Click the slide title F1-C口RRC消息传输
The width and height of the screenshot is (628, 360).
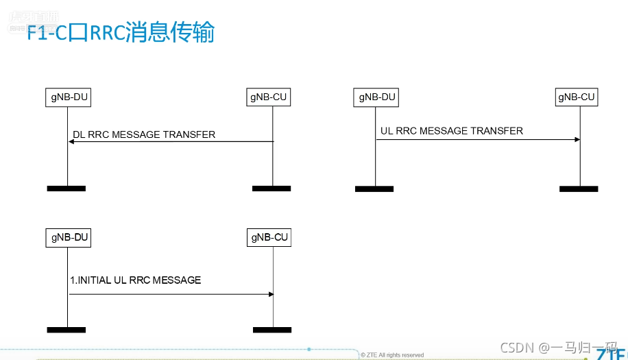pos(121,33)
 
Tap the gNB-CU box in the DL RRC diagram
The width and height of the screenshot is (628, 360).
pos(268,98)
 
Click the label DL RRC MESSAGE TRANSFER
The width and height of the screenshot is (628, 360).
pos(144,134)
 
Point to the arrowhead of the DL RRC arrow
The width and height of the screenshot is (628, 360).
pos(71,142)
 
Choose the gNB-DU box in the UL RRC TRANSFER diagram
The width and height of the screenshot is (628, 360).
pos(377,97)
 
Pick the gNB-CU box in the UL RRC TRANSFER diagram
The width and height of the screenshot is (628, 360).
pos(576,97)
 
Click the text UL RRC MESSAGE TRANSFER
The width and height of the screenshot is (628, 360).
pos(451,131)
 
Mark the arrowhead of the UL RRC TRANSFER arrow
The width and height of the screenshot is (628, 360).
pos(577,140)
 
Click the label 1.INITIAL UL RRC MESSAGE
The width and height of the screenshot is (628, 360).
pos(136,280)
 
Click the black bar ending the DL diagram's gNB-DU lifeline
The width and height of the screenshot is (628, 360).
pos(67,188)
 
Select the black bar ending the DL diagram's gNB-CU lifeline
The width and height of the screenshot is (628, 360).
pos(271,188)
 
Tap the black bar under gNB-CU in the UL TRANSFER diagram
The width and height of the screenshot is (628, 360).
pos(579,189)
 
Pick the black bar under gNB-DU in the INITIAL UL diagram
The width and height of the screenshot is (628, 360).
pos(67,330)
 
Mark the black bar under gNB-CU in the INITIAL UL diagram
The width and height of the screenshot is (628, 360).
pos(271,330)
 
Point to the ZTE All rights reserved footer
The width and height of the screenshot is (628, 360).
pos(393,355)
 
